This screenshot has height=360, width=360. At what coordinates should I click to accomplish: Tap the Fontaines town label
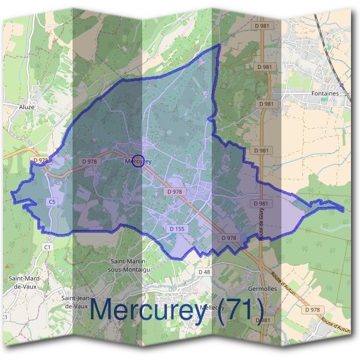[x=325, y=94]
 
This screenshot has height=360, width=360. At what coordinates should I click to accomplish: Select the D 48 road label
[x=204, y=272]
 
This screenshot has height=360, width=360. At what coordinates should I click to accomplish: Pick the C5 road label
[x=52, y=203]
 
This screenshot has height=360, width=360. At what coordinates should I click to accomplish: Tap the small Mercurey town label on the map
[x=137, y=161]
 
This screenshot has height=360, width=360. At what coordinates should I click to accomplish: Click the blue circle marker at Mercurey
[x=138, y=161]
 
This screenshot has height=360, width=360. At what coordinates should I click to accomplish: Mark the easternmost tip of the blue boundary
[x=344, y=209]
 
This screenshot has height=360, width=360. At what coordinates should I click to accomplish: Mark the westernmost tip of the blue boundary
[x=12, y=194]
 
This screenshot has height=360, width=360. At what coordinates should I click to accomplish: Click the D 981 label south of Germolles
[x=263, y=320]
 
